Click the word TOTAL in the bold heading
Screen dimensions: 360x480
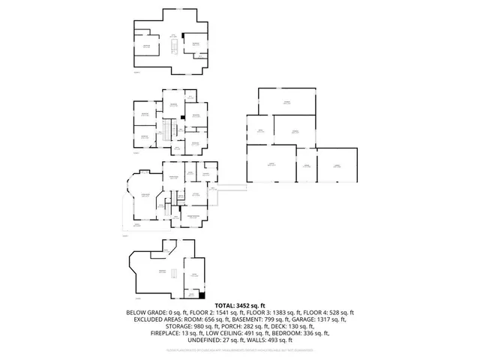227,306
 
